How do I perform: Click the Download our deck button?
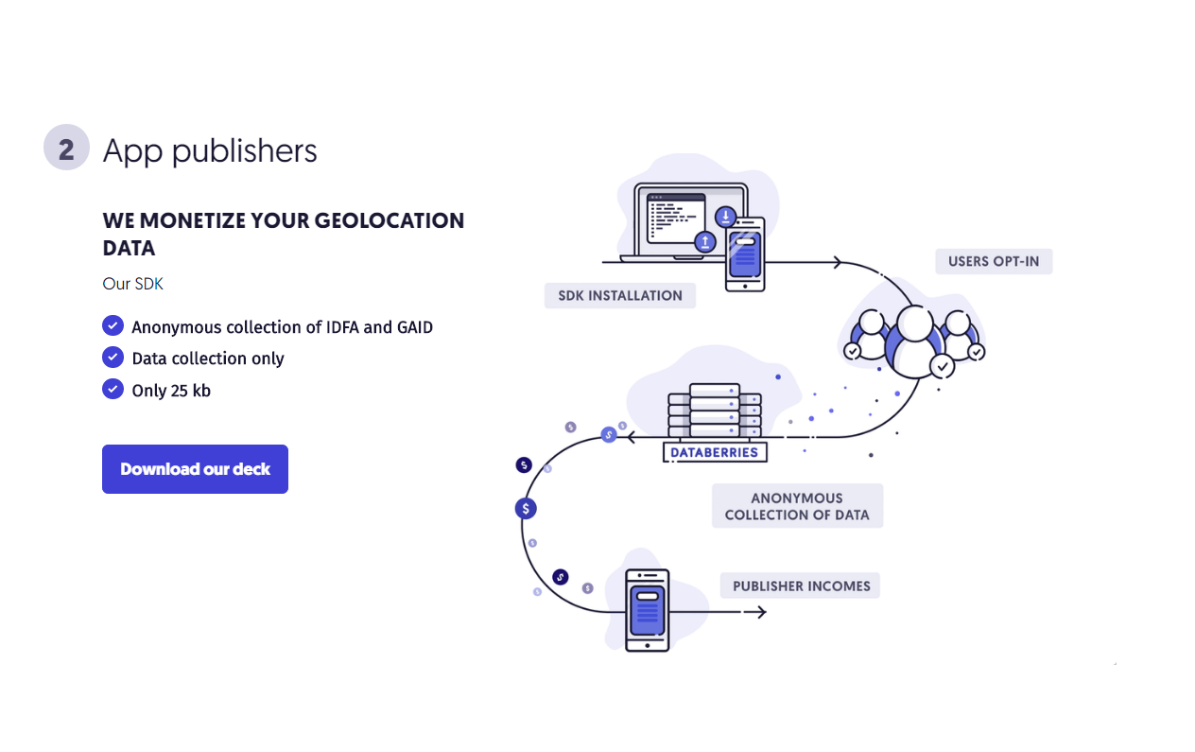(195, 469)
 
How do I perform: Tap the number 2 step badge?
(66, 149)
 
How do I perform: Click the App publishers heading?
(210, 150)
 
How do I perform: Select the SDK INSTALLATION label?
(620, 295)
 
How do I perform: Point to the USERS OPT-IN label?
(994, 261)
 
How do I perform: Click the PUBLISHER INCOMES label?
(800, 586)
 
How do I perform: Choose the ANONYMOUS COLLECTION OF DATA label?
(797, 506)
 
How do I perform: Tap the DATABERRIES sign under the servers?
(715, 452)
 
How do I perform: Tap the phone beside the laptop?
(745, 254)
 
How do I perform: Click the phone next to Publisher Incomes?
(648, 610)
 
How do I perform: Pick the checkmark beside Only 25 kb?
(113, 389)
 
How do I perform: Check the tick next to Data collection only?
(113, 358)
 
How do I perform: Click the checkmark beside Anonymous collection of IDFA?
(113, 326)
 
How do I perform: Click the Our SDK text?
(133, 284)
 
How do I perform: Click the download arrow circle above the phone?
(725, 217)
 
